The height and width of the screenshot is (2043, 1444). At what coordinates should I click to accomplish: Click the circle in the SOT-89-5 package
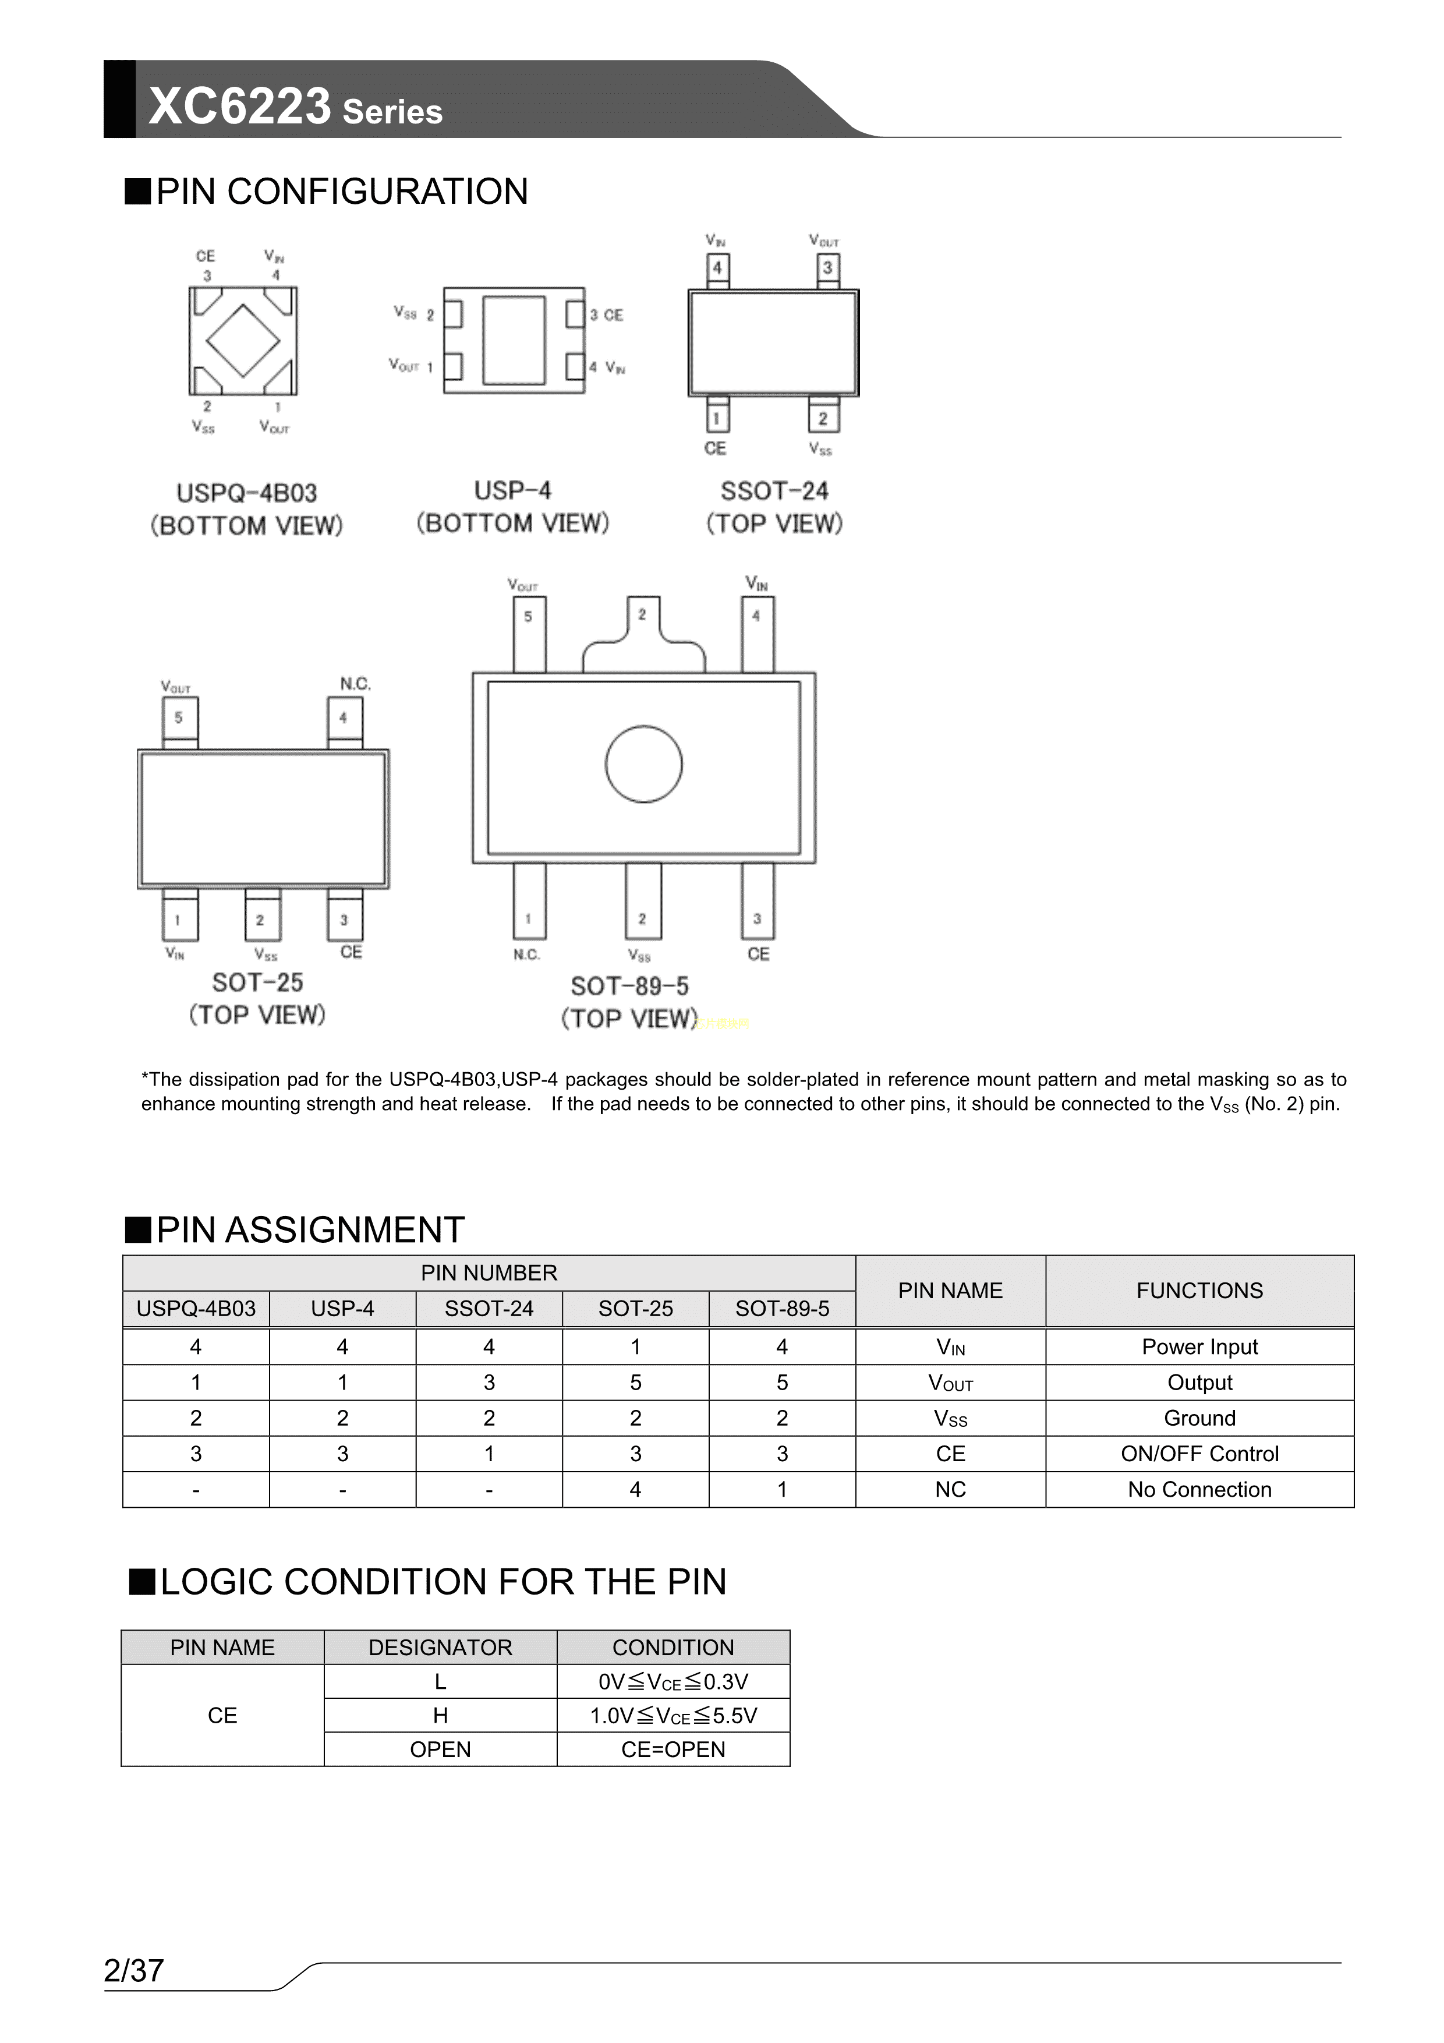coord(643,764)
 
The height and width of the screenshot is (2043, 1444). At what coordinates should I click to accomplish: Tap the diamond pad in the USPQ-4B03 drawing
coord(243,340)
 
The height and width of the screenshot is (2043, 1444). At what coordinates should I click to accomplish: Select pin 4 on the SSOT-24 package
coord(717,268)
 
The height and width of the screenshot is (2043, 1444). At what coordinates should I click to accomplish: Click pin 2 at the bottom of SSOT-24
coord(823,418)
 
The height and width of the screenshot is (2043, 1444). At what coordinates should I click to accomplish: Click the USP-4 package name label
coord(512,490)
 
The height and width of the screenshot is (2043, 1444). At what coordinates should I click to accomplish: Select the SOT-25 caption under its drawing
coord(258,982)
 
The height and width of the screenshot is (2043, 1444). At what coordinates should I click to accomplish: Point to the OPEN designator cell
coord(440,1749)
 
